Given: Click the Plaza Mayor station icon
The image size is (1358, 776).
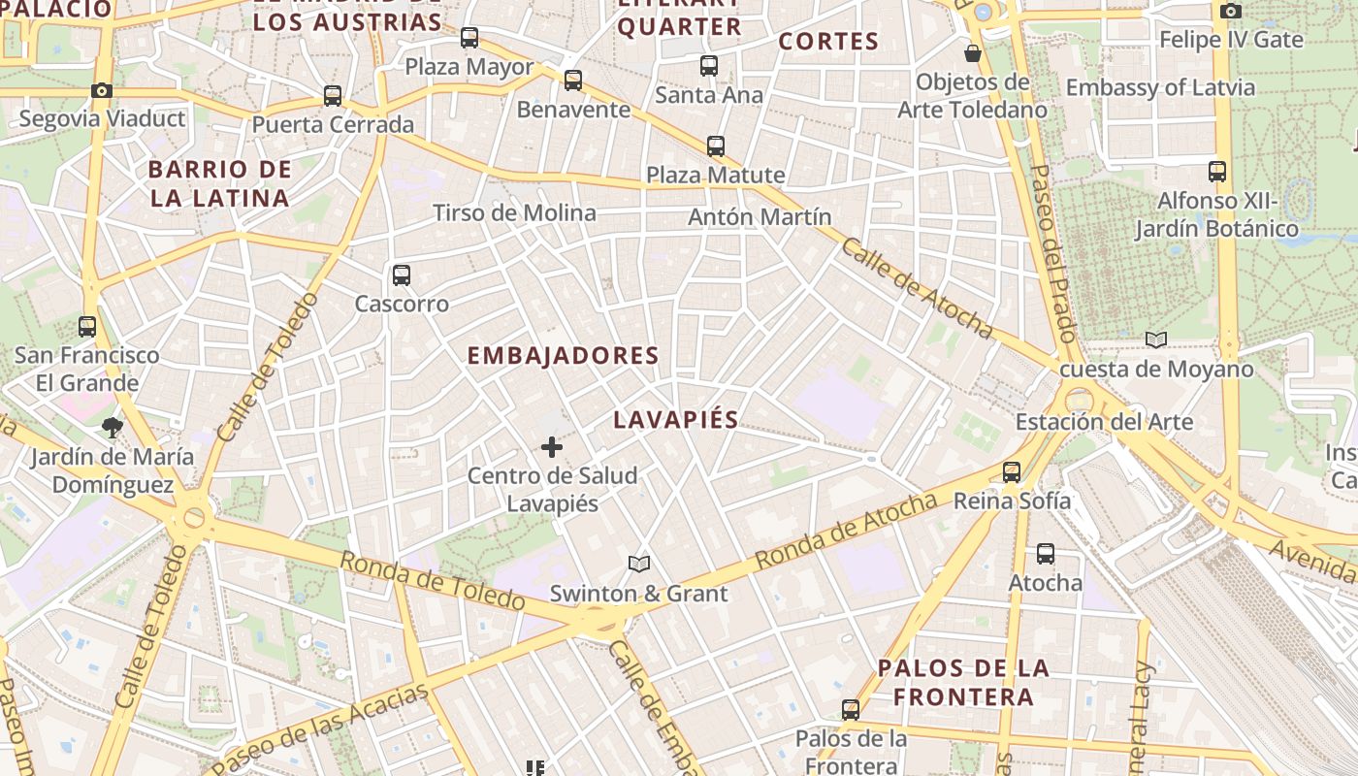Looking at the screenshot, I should pyautogui.click(x=469, y=38).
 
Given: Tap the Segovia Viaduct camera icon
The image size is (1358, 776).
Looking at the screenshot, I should pyautogui.click(x=102, y=91).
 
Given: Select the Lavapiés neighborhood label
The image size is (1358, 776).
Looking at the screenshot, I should pyautogui.click(x=676, y=420).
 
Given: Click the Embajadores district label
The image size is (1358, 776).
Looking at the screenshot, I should pyautogui.click(x=563, y=356).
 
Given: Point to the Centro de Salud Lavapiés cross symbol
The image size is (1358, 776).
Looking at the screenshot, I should pyautogui.click(x=552, y=447).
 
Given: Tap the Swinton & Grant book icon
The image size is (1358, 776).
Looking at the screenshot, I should pyautogui.click(x=638, y=564).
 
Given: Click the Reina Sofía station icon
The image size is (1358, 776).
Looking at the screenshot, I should pyautogui.click(x=1012, y=472).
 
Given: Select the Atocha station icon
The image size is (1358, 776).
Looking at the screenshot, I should pyautogui.click(x=1045, y=554).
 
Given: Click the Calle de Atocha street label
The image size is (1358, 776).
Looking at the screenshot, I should pyautogui.click(x=917, y=288).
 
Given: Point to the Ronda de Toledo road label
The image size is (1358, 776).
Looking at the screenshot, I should pyautogui.click(x=433, y=581).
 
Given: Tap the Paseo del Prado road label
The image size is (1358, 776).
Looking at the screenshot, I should pyautogui.click(x=1052, y=252).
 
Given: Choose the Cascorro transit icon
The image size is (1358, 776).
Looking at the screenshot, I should pyautogui.click(x=402, y=275).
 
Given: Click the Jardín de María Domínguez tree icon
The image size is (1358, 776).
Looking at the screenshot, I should pyautogui.click(x=113, y=427).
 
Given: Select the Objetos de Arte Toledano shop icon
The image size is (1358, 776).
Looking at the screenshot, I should pyautogui.click(x=972, y=53).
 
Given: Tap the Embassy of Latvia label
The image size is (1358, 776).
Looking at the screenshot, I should pyautogui.click(x=1160, y=88).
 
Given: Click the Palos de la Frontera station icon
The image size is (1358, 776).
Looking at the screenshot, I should pyautogui.click(x=851, y=710).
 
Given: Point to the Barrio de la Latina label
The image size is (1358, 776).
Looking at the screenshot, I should pyautogui.click(x=219, y=183).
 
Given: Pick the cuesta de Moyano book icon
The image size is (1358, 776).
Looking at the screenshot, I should pyautogui.click(x=1155, y=339).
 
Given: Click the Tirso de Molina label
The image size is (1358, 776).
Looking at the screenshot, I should pyautogui.click(x=514, y=213).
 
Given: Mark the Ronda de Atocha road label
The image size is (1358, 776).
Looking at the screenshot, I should pyautogui.click(x=846, y=532).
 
